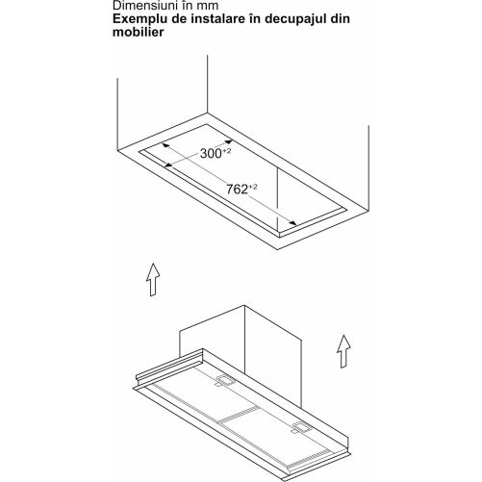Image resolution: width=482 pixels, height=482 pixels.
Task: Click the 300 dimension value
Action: (211, 154)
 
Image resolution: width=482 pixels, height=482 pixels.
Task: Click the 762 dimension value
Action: (238, 190)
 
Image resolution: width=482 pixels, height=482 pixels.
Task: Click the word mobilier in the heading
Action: (139, 33)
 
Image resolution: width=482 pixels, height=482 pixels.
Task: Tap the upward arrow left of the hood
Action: (153, 280)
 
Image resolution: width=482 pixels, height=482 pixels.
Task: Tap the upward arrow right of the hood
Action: (343, 351)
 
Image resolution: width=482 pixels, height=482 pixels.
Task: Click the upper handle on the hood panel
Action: (225, 381)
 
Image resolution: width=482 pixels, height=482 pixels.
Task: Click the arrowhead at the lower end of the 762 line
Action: (292, 223)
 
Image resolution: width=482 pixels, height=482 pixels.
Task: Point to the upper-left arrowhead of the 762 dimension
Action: (165, 145)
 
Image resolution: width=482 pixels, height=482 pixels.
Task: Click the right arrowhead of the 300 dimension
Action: (229, 141)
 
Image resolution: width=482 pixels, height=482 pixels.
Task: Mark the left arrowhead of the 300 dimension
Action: (168, 165)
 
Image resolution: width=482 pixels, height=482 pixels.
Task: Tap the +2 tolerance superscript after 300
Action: (226, 151)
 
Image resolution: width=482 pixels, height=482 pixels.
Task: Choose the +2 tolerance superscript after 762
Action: (253, 187)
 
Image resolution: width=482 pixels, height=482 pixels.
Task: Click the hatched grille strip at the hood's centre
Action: (239, 416)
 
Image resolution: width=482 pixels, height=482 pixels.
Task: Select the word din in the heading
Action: (341, 18)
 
